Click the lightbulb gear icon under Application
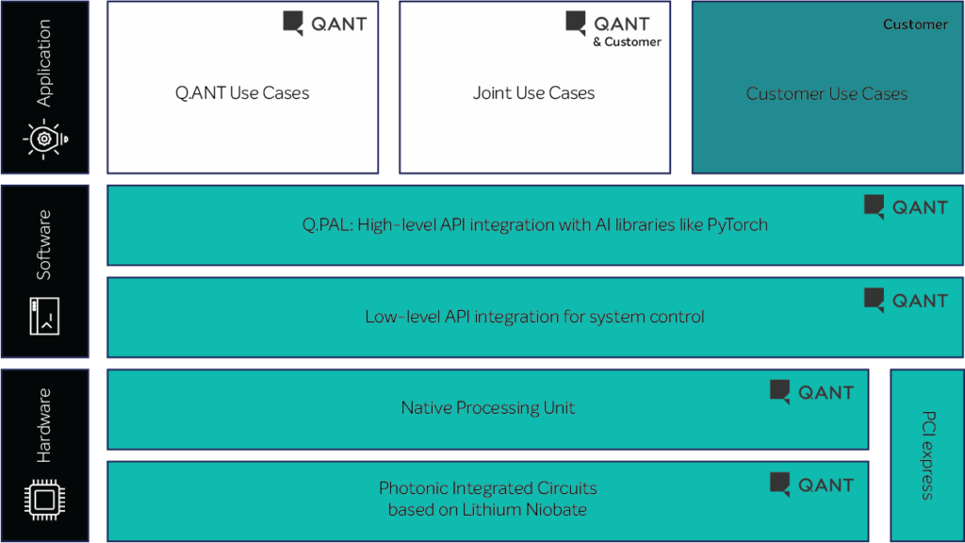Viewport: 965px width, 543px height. coord(44,139)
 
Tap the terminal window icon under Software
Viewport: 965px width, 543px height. coord(44,316)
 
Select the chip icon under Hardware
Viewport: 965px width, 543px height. coord(44,499)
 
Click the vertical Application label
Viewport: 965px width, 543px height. coord(44,63)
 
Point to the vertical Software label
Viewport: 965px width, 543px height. coord(44,245)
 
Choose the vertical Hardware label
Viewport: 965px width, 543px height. coord(44,425)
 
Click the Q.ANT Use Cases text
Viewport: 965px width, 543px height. coord(242,93)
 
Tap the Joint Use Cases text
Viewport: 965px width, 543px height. coord(533,93)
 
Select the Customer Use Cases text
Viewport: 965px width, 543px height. coord(826,94)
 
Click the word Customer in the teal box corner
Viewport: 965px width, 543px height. coord(915,25)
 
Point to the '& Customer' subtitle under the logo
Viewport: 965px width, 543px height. coord(627,41)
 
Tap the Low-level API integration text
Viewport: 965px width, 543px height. coord(534,317)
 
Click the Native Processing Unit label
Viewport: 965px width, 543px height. coord(488,408)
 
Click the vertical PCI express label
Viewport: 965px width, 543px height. coord(927,454)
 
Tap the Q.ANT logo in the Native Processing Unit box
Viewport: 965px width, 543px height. coord(811,392)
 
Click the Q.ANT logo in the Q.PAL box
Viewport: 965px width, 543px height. coord(906,207)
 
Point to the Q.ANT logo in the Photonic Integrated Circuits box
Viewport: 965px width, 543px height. coord(811,485)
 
